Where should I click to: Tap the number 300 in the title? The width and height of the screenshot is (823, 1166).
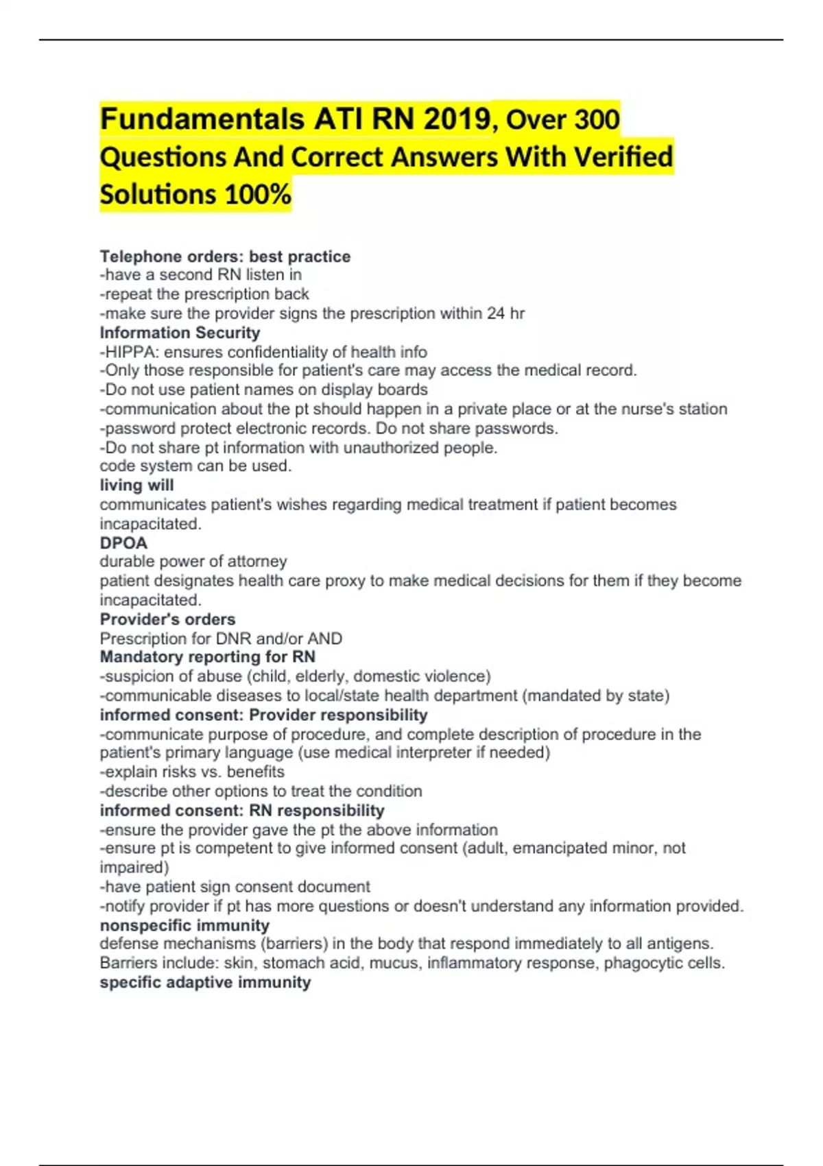click(x=597, y=119)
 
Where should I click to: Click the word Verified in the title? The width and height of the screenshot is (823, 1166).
click(x=623, y=157)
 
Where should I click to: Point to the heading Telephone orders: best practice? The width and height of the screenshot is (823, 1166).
click(x=225, y=257)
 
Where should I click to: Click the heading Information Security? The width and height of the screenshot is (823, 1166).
click(x=180, y=333)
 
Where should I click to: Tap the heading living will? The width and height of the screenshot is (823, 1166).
click(x=136, y=485)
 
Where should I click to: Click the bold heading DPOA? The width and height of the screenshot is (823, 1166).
click(x=123, y=543)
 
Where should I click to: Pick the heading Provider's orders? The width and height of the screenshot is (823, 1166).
click(x=167, y=619)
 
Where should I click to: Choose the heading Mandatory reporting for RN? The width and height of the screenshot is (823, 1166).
click(x=207, y=656)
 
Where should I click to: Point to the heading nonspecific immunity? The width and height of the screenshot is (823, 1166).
click(x=184, y=925)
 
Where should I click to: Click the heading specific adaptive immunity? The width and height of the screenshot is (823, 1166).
click(x=205, y=982)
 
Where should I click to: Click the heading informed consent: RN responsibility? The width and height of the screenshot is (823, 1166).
click(x=241, y=810)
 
